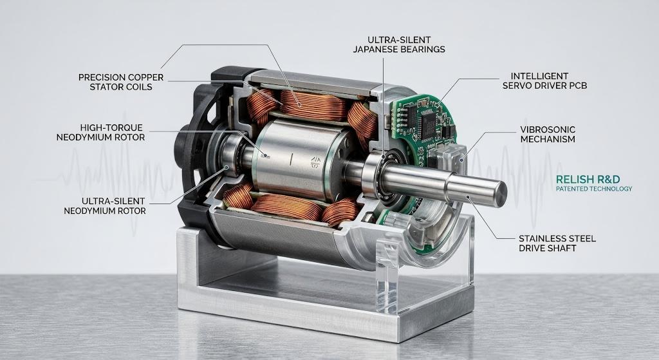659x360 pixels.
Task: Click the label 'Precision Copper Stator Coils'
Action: click(121, 82)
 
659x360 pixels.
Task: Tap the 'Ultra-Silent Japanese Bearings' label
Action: click(399, 44)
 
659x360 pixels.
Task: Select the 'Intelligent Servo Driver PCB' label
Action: click(544, 81)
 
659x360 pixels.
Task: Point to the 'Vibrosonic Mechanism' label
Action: click(548, 134)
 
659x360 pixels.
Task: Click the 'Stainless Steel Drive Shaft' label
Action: click(557, 243)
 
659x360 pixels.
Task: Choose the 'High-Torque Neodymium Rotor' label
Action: click(100, 132)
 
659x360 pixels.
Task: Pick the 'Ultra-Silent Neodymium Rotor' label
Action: click(105, 205)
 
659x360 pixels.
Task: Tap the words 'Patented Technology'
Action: click(594, 189)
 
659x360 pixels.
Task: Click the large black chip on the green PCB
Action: click(428, 122)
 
